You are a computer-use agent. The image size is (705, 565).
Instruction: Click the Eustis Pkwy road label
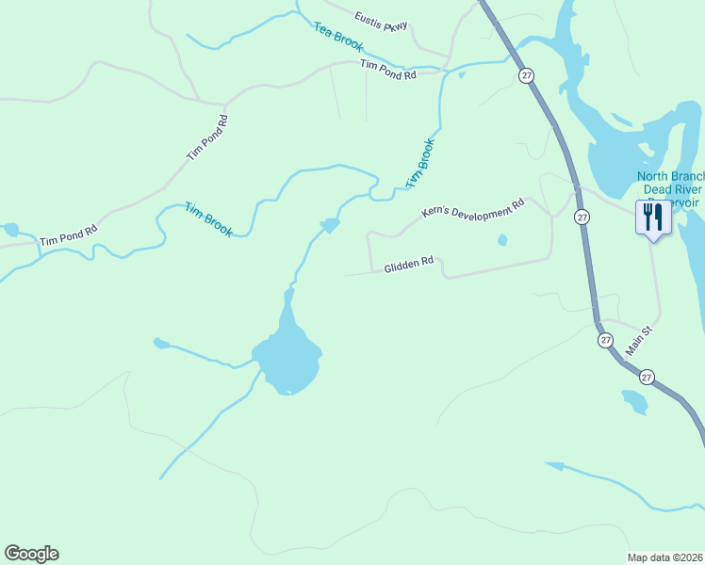tap(382, 21)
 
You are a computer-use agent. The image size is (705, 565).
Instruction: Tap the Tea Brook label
tap(338, 36)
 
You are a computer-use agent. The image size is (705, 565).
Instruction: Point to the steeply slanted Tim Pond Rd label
tap(208, 137)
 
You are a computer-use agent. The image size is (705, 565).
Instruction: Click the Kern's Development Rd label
tap(471, 209)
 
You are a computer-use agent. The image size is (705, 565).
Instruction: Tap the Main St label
tap(639, 341)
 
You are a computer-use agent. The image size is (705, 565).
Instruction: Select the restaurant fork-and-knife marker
tap(652, 218)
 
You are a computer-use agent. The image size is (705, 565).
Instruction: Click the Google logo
tap(31, 554)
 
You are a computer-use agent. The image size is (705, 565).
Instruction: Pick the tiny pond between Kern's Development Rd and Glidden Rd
tap(502, 240)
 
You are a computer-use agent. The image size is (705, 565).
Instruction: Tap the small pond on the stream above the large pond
tap(330, 225)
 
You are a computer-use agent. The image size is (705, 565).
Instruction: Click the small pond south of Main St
tap(633, 402)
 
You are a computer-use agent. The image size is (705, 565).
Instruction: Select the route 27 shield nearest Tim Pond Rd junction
tap(523, 73)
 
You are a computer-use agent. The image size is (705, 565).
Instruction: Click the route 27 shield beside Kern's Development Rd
tap(582, 217)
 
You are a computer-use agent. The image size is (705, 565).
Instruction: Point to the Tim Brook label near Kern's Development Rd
tap(420, 163)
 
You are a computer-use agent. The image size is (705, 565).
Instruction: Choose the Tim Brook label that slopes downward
tap(207, 219)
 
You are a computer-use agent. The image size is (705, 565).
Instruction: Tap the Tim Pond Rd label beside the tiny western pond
tap(69, 235)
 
